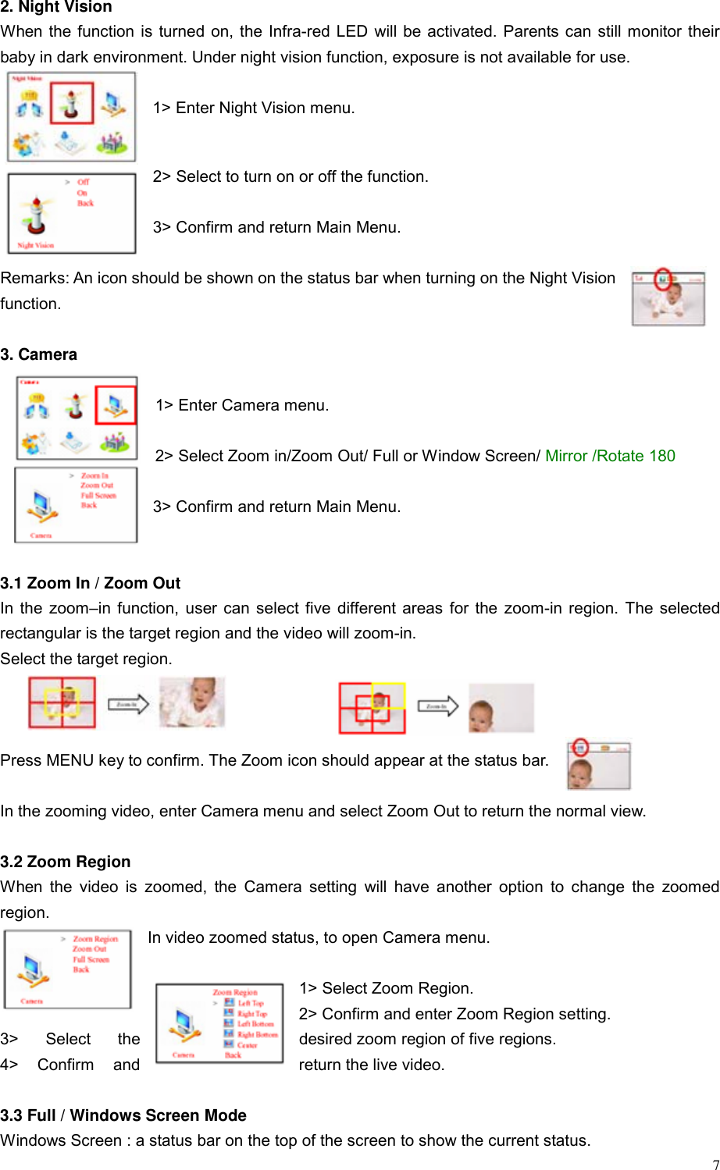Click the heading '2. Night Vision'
[56, 7]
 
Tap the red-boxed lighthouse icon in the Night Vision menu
[72, 102]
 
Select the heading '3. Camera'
[39, 354]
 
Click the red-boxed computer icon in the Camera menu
[116, 404]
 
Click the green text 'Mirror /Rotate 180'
[610, 456]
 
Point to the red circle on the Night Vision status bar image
[663, 279]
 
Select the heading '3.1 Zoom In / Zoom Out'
[91, 583]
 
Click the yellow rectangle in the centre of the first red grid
[62, 702]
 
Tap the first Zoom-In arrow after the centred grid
[127, 704]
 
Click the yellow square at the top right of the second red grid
[388, 695]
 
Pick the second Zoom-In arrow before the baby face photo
[437, 706]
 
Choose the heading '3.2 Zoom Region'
[66, 862]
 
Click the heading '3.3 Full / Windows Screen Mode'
[123, 1115]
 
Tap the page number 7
[715, 1164]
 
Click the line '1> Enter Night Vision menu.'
[254, 108]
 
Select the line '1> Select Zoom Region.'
[386, 988]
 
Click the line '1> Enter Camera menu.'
[242, 405]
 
